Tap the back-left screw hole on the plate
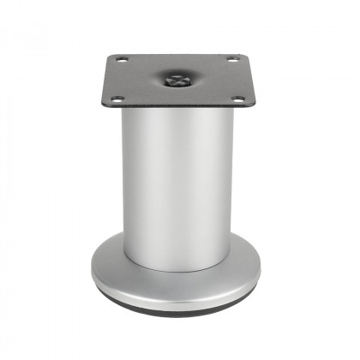point(121,59)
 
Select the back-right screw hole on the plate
point(231,58)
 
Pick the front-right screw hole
point(237,99)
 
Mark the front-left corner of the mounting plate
point(106,105)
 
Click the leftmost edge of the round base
point(92,273)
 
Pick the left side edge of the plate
point(109,81)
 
